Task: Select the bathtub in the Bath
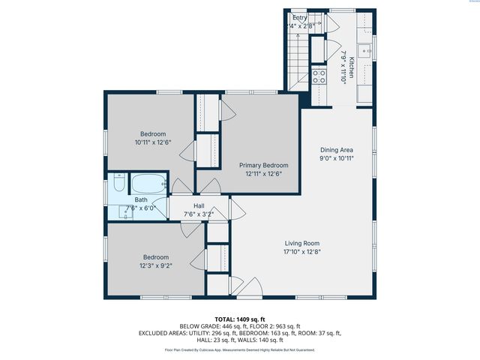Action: (147, 184)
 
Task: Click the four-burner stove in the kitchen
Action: (318, 75)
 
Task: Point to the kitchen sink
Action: (364, 52)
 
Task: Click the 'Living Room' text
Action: (302, 243)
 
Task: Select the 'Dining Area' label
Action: (336, 149)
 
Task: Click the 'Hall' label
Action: (199, 205)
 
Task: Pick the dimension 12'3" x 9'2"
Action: (156, 265)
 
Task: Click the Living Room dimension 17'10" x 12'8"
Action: (302, 252)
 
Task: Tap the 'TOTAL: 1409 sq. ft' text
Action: (240, 319)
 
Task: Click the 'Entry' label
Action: (300, 17)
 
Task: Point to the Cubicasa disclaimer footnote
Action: (240, 349)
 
